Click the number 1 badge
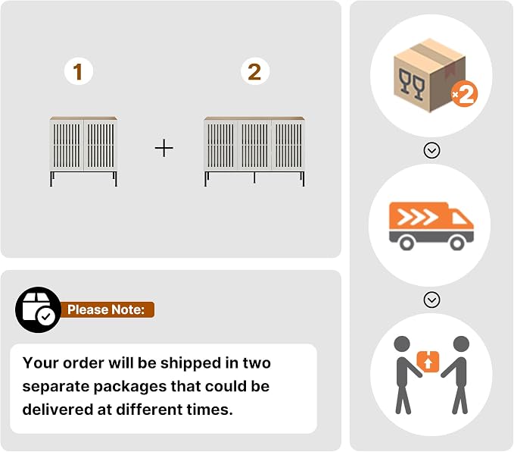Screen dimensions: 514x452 [79, 71]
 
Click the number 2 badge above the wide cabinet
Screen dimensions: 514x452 [254, 71]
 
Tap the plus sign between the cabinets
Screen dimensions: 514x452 [164, 148]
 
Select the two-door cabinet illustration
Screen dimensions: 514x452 [83, 152]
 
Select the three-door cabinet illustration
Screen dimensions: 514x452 [254, 152]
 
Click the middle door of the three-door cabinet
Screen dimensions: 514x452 [254, 146]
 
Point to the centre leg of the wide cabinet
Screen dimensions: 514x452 [254, 177]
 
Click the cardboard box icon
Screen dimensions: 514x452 [429, 76]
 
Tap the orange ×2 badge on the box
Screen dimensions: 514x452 [464, 94]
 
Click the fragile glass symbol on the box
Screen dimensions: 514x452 [412, 84]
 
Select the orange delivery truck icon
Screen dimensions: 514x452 [431, 226]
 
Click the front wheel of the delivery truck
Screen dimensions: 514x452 [457, 243]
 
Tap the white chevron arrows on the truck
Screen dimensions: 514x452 [417, 217]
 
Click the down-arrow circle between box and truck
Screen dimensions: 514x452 [431, 150]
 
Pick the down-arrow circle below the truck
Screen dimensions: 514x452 [431, 300]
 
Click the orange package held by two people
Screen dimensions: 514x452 [428, 362]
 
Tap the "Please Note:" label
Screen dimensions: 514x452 [106, 309]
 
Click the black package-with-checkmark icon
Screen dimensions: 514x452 [38, 309]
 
